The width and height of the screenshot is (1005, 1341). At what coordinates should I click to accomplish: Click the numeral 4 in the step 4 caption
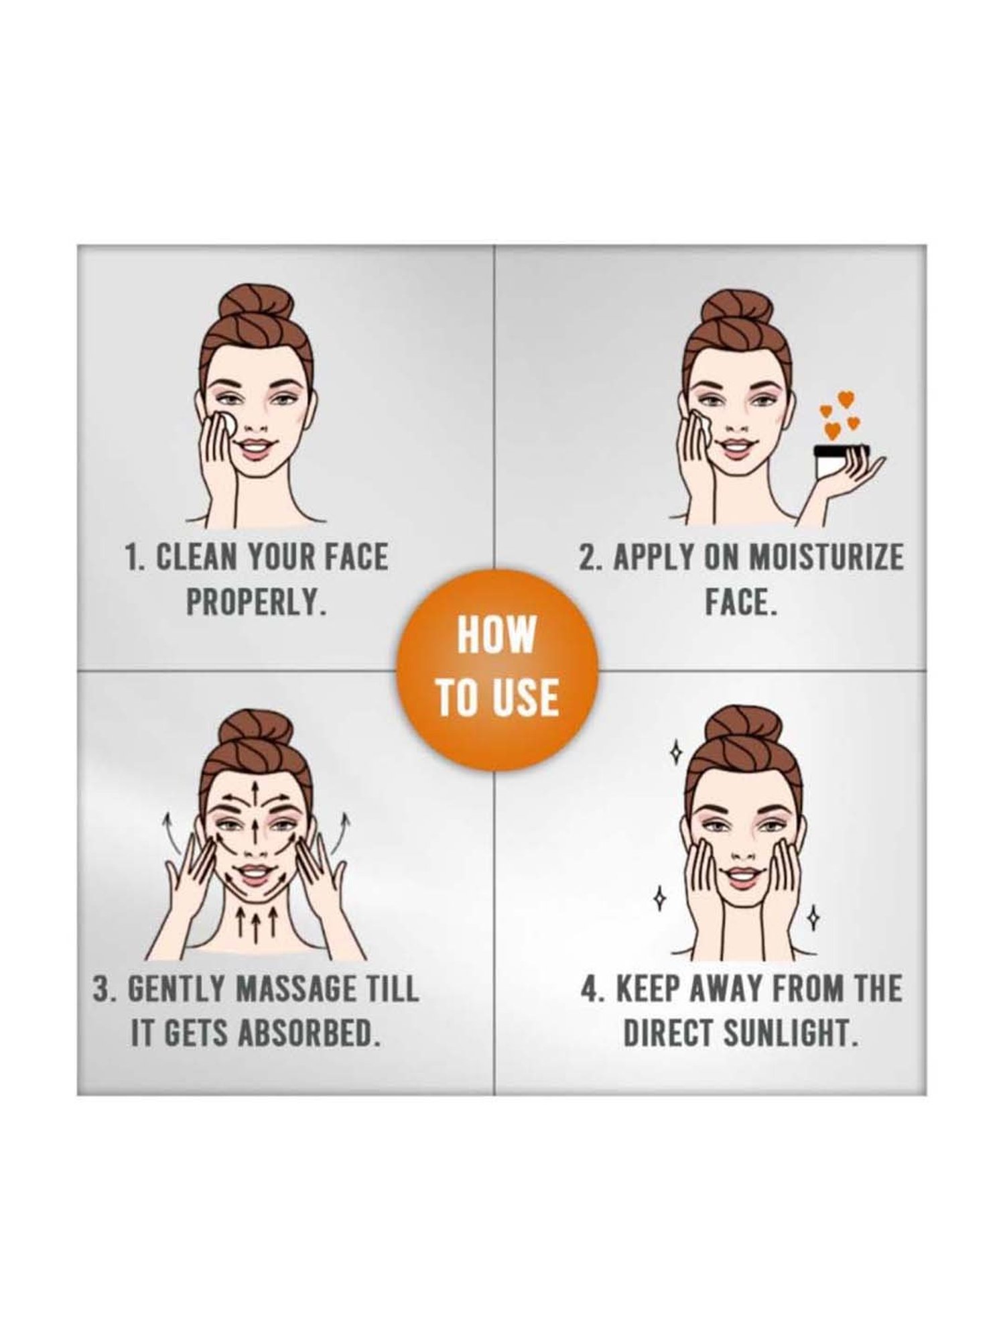click(x=590, y=990)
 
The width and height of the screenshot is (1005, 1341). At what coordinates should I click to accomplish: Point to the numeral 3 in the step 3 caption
click(x=102, y=990)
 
